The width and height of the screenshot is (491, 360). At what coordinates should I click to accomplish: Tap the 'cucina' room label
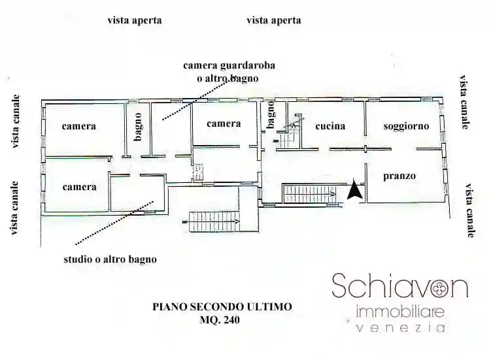pos(330,126)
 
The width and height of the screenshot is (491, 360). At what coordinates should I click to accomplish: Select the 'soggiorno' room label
pos(406,126)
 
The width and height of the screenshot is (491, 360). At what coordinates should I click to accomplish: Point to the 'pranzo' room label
pos(399,176)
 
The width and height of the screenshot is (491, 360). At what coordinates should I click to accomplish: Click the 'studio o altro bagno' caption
pos(110,259)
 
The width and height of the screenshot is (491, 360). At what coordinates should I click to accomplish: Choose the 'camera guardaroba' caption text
pos(229,65)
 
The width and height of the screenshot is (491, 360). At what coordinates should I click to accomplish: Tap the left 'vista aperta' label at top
pos(135,20)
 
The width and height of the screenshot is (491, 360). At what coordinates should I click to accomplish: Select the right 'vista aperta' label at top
pos(274,20)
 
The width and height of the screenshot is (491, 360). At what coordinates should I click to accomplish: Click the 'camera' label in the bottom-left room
pos(79,187)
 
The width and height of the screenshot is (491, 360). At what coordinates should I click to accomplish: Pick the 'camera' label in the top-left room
pos(79,126)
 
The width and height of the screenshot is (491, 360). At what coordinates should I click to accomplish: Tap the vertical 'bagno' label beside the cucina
pos(270,118)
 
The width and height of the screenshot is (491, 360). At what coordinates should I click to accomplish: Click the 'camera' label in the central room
pos(224,123)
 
